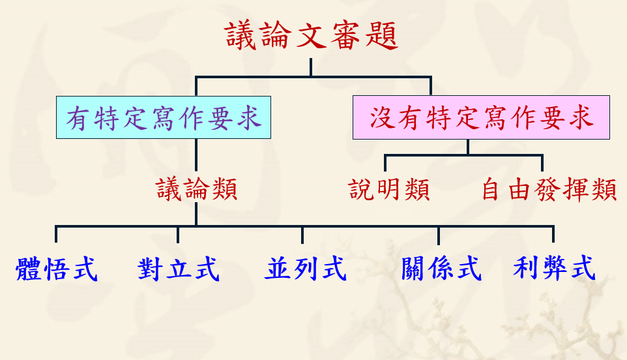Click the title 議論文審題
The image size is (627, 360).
[312, 35]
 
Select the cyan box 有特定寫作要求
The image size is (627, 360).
[164, 117]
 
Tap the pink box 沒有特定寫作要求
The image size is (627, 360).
[481, 117]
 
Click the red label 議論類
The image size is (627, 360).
[196, 190]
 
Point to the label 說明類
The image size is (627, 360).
[389, 190]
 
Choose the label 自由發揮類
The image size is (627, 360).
[549, 190]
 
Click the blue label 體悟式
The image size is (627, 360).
[57, 269]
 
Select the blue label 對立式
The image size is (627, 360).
[179, 269]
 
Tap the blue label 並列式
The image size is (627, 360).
[304, 269]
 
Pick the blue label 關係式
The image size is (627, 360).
[441, 269]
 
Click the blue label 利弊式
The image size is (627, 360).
[554, 269]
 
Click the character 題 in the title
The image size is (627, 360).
[381, 35]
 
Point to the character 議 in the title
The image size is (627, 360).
[242, 35]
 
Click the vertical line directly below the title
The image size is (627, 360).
[311, 68]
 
